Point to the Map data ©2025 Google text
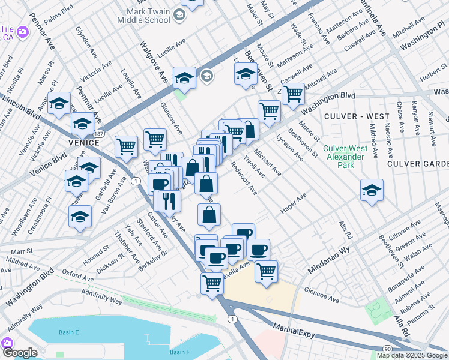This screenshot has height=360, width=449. click(412, 355)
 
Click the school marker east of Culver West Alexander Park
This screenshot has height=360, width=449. click(372, 190)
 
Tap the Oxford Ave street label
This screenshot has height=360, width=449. click(78, 278)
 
